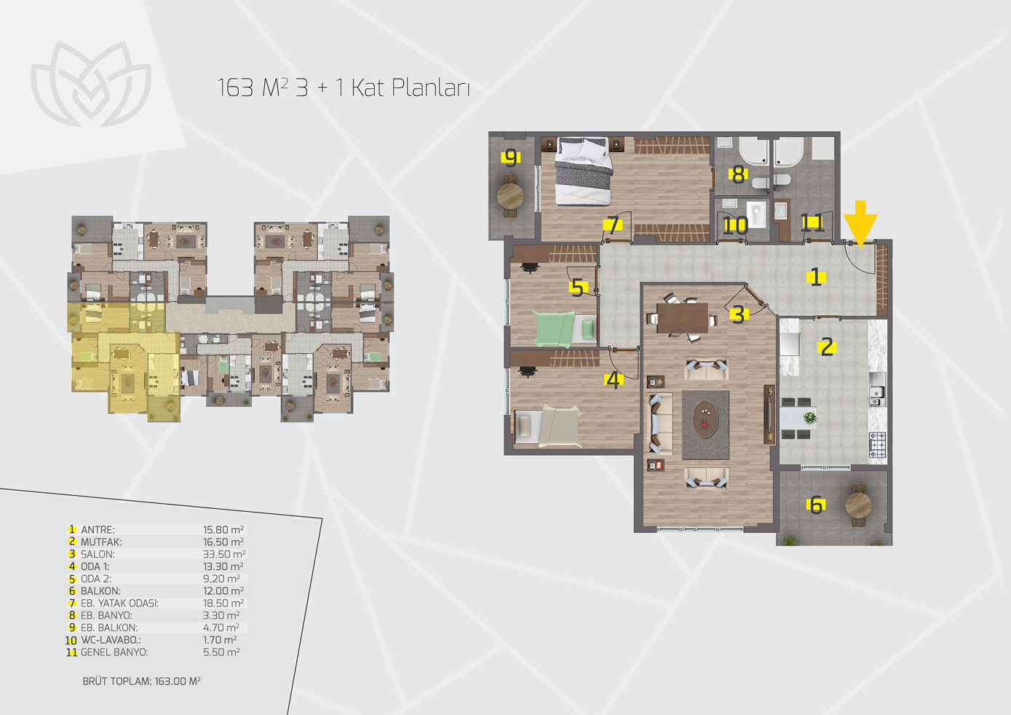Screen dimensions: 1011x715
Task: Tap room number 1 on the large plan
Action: pos(816,277)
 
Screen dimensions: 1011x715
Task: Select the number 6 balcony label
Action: pos(816,505)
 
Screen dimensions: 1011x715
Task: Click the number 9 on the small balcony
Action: pos(511,157)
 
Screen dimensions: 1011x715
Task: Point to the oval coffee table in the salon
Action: pos(705,418)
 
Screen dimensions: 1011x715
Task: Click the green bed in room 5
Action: pos(564,329)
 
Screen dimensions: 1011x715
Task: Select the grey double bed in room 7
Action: pos(583,171)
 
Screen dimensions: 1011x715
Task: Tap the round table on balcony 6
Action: pos(858,505)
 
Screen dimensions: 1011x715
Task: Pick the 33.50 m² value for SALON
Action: pos(224,554)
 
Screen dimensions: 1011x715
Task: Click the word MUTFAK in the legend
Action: pos(101,542)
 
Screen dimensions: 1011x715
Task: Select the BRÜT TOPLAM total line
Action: pos(142,682)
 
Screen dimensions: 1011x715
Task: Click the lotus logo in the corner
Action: pos(91,84)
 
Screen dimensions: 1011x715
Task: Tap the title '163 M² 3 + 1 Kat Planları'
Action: pos(344,87)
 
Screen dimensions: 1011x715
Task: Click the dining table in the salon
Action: pos(683,317)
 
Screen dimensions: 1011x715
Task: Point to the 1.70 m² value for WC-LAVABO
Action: pos(220,639)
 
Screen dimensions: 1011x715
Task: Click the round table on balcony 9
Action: pos(510,196)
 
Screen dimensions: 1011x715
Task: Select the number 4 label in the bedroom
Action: pos(614,380)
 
